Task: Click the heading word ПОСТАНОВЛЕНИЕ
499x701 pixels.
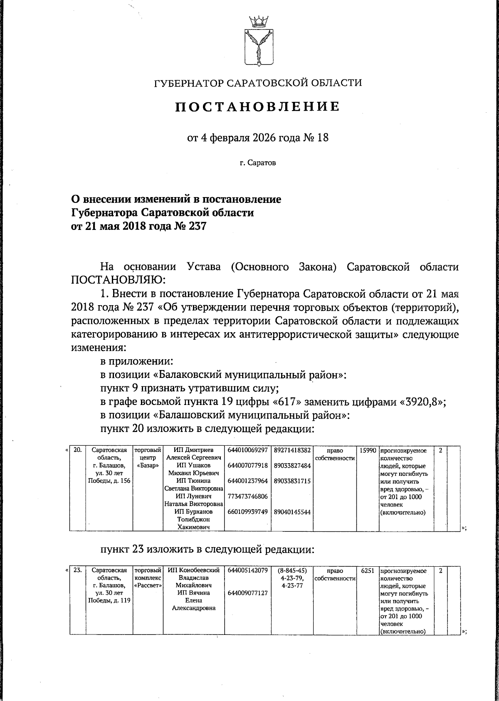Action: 257,107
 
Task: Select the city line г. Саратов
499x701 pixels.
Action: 257,163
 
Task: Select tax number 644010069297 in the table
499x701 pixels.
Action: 247,450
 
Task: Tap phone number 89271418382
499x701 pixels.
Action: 292,450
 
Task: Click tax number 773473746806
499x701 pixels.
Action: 247,496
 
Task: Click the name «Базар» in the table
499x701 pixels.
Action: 148,466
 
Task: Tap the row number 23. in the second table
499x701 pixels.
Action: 77,570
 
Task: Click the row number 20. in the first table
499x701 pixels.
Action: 77,450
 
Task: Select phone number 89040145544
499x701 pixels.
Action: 292,512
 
